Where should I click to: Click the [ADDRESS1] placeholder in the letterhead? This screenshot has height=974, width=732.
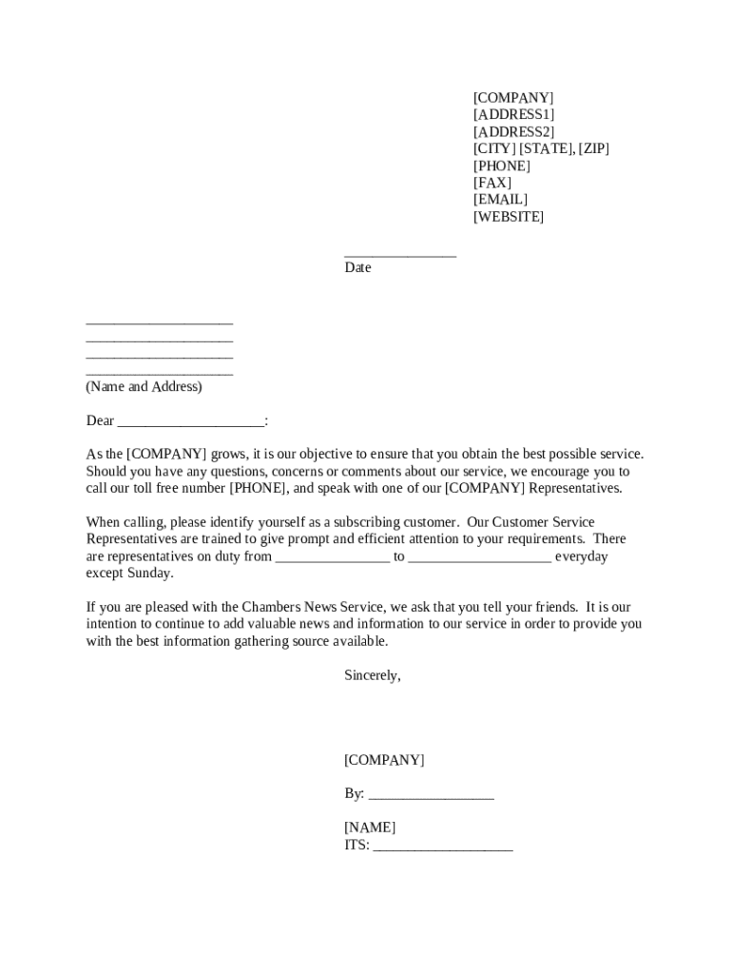513,115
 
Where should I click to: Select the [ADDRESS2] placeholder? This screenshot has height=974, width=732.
513,132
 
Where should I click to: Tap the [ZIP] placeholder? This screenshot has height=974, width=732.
594,149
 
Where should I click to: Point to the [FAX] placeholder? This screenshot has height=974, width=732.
492,183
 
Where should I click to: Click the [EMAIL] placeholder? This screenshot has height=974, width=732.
500,200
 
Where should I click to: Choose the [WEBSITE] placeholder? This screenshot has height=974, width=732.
509,217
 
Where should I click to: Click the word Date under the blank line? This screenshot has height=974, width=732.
357,268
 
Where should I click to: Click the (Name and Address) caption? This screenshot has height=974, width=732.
144,387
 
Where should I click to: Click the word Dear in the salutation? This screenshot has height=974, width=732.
100,421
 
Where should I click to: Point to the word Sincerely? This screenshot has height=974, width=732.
373,675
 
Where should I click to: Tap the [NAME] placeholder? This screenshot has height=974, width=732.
370,828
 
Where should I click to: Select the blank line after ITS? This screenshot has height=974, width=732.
443,847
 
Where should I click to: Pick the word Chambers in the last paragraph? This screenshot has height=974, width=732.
274,608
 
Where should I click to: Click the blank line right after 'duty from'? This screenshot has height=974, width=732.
333,558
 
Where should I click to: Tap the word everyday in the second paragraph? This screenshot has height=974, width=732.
582,556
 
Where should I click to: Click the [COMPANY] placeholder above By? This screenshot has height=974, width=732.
384,760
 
